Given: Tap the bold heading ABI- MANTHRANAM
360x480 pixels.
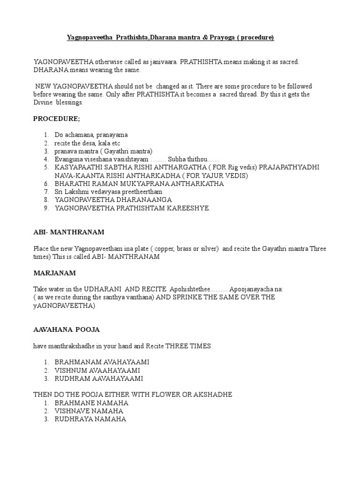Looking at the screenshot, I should click(68, 232).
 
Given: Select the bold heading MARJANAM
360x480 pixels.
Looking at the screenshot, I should click(54, 273).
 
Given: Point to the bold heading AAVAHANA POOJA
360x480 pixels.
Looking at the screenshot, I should click(66, 330).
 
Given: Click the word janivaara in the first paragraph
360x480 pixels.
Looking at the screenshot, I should click(163, 62).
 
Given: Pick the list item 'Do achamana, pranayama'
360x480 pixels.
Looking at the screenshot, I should click(91, 135).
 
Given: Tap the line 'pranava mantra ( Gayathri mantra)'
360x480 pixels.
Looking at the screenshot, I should click(104, 151).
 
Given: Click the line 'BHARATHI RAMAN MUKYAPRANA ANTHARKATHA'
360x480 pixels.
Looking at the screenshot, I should click(139, 184).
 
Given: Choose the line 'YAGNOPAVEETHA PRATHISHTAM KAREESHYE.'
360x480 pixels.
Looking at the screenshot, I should click(132, 209).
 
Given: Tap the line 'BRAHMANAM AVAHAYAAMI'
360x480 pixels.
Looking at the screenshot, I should click(102, 362).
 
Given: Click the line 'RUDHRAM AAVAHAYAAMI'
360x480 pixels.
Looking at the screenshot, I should click(99, 378).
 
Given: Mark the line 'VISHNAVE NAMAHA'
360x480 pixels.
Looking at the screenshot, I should click(89, 411).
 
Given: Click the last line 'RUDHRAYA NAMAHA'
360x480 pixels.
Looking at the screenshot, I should click(90, 419).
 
